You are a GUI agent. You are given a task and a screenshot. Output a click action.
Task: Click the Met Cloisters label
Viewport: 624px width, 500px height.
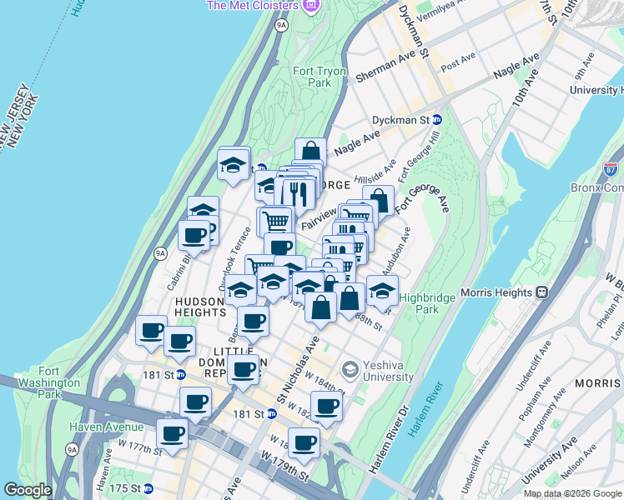(x=251, y=6)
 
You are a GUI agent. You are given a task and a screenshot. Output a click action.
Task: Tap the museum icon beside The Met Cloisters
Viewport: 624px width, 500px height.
(x=311, y=7)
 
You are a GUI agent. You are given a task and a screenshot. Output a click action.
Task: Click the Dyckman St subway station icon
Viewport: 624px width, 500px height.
(x=436, y=120)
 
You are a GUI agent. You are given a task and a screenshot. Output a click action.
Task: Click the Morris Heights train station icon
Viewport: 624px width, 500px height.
(x=541, y=292)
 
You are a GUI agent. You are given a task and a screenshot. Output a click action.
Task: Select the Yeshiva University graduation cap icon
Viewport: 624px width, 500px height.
(x=350, y=367)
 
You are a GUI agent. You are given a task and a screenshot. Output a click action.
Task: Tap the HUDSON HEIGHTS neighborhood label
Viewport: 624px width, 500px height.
(x=200, y=306)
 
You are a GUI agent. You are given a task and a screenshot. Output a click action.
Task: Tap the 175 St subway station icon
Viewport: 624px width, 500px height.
(x=148, y=488)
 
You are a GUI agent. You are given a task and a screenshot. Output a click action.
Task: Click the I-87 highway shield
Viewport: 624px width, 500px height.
(x=612, y=170)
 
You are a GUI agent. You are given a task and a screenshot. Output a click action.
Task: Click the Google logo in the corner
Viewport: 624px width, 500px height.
(x=28, y=490)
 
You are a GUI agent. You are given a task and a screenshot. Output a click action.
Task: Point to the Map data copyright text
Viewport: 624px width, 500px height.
(x=572, y=493)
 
